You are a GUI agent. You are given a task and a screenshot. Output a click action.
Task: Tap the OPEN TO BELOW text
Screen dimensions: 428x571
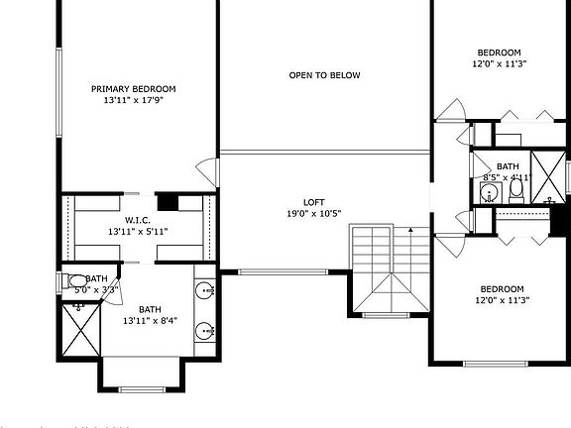coord(324,75)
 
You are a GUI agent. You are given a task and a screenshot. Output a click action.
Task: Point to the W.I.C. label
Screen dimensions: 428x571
coord(138,220)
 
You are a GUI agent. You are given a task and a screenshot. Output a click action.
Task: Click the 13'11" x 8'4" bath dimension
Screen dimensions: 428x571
coord(150,321)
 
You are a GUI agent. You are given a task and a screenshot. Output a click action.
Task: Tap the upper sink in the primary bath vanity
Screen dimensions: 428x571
coord(205,291)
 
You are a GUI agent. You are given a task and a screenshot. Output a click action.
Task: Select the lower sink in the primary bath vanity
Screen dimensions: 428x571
coord(205,331)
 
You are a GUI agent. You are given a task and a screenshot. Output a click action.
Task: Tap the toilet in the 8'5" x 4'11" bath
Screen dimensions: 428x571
coord(515,192)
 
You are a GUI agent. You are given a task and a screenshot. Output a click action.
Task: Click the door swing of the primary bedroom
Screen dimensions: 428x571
coord(207,168)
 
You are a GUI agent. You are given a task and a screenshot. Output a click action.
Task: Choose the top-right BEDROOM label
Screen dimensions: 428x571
coord(500,53)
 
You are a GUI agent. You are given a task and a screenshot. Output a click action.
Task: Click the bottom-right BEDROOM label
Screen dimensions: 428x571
coord(500,289)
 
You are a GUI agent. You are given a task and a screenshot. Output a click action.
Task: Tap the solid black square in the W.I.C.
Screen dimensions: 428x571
coord(170,202)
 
